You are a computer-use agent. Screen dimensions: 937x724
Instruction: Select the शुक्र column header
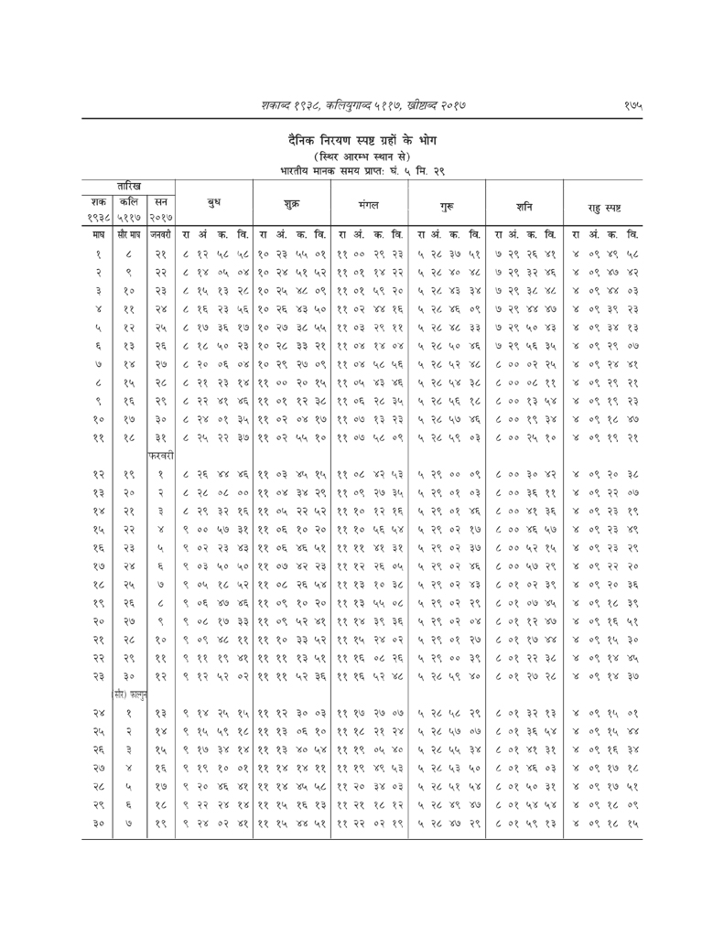[x=292, y=200]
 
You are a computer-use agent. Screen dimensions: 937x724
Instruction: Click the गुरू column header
[x=449, y=200]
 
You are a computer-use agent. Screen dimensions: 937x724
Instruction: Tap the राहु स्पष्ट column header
[x=605, y=200]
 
